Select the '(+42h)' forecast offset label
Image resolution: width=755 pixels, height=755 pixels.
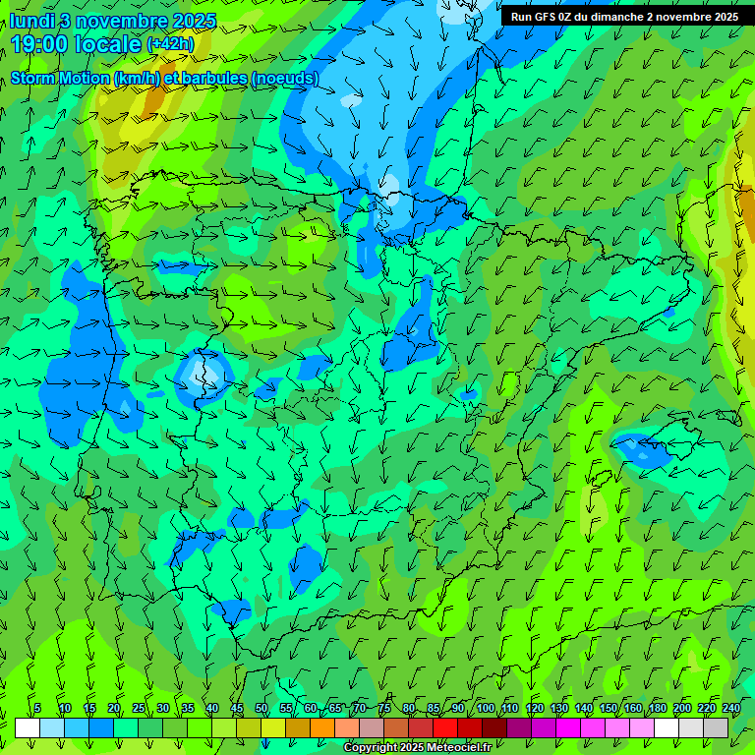point(170,44)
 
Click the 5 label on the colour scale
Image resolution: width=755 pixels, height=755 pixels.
point(37,708)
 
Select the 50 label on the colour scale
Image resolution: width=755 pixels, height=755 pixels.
point(261,708)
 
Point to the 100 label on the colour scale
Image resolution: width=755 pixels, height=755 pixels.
point(485,708)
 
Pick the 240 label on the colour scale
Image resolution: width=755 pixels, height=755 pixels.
point(731,708)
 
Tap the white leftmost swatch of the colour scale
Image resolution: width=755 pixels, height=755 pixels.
point(28,727)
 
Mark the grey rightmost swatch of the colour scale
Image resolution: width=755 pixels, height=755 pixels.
point(716,727)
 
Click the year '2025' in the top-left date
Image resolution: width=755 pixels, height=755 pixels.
point(194,21)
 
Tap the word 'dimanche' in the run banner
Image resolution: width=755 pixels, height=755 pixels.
point(620,17)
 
